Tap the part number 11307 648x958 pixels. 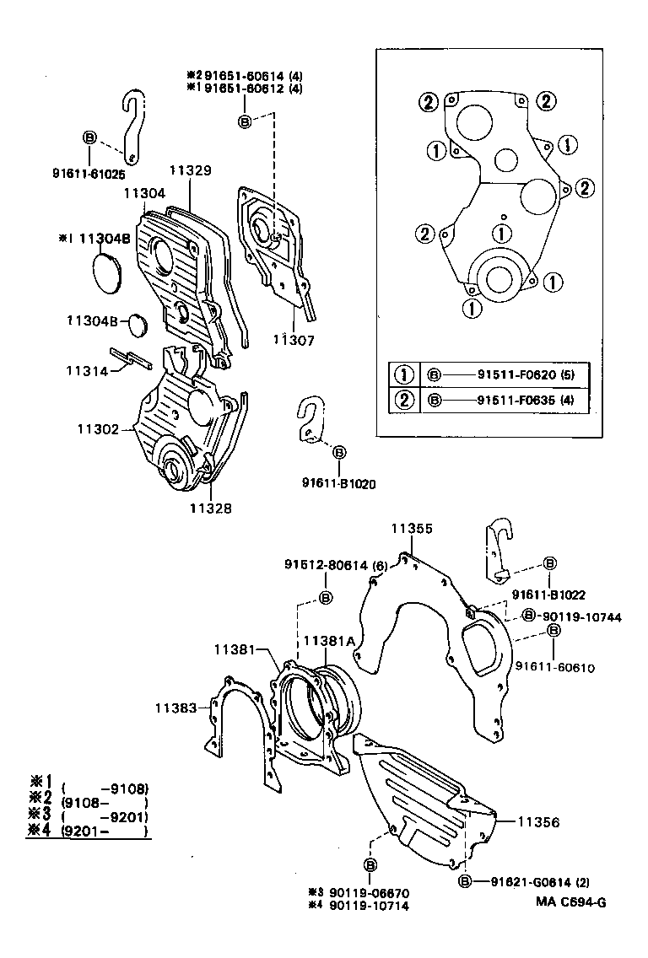(294, 341)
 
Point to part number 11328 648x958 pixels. (210, 508)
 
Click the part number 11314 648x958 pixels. (88, 370)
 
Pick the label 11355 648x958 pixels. (412, 529)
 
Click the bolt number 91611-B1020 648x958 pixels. (338, 483)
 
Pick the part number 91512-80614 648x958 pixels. (326, 566)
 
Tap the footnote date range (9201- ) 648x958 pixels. (105, 830)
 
